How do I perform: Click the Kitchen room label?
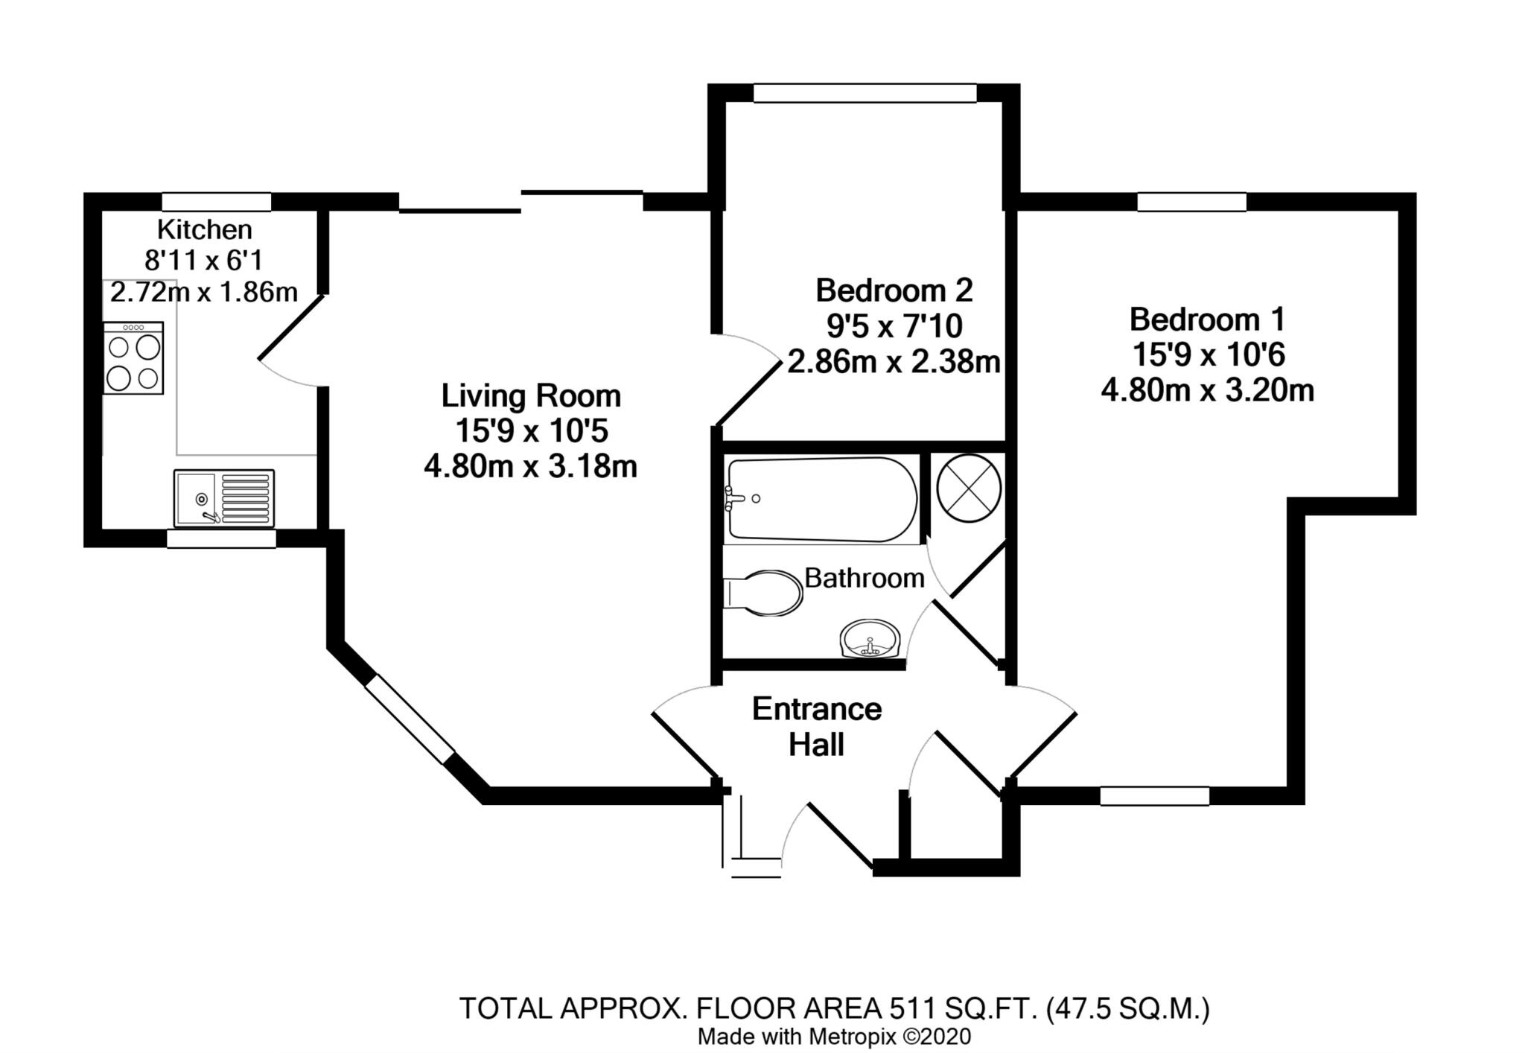click(204, 229)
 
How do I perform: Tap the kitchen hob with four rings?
click(133, 358)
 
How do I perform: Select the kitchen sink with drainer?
click(224, 497)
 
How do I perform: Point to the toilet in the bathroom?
click(762, 593)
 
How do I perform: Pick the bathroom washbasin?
click(871, 639)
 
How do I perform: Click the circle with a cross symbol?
click(968, 489)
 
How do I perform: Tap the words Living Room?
click(531, 395)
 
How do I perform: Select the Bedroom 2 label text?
click(894, 290)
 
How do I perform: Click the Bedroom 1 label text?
click(1207, 319)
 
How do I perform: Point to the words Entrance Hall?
click(817, 726)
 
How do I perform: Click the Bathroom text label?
click(865, 578)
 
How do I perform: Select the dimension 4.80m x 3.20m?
click(1207, 390)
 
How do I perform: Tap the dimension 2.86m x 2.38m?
click(894, 362)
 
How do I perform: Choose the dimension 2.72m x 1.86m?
click(204, 293)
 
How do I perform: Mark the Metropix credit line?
click(834, 1037)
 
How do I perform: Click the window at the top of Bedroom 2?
click(865, 93)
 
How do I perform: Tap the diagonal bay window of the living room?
click(409, 719)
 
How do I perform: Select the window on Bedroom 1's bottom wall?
click(1155, 796)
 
